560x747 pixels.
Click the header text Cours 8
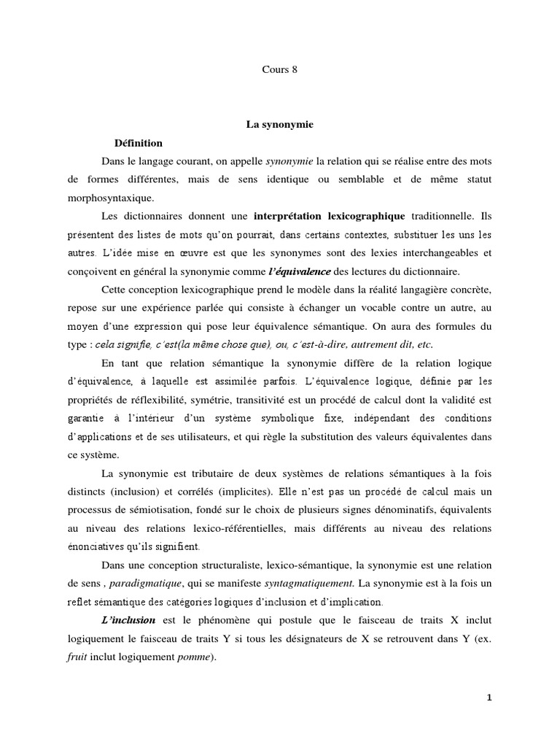(x=281, y=69)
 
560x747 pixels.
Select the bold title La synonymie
(x=279, y=125)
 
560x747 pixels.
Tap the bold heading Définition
(x=139, y=142)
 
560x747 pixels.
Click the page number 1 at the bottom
(x=489, y=697)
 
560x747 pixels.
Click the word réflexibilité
(x=154, y=400)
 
